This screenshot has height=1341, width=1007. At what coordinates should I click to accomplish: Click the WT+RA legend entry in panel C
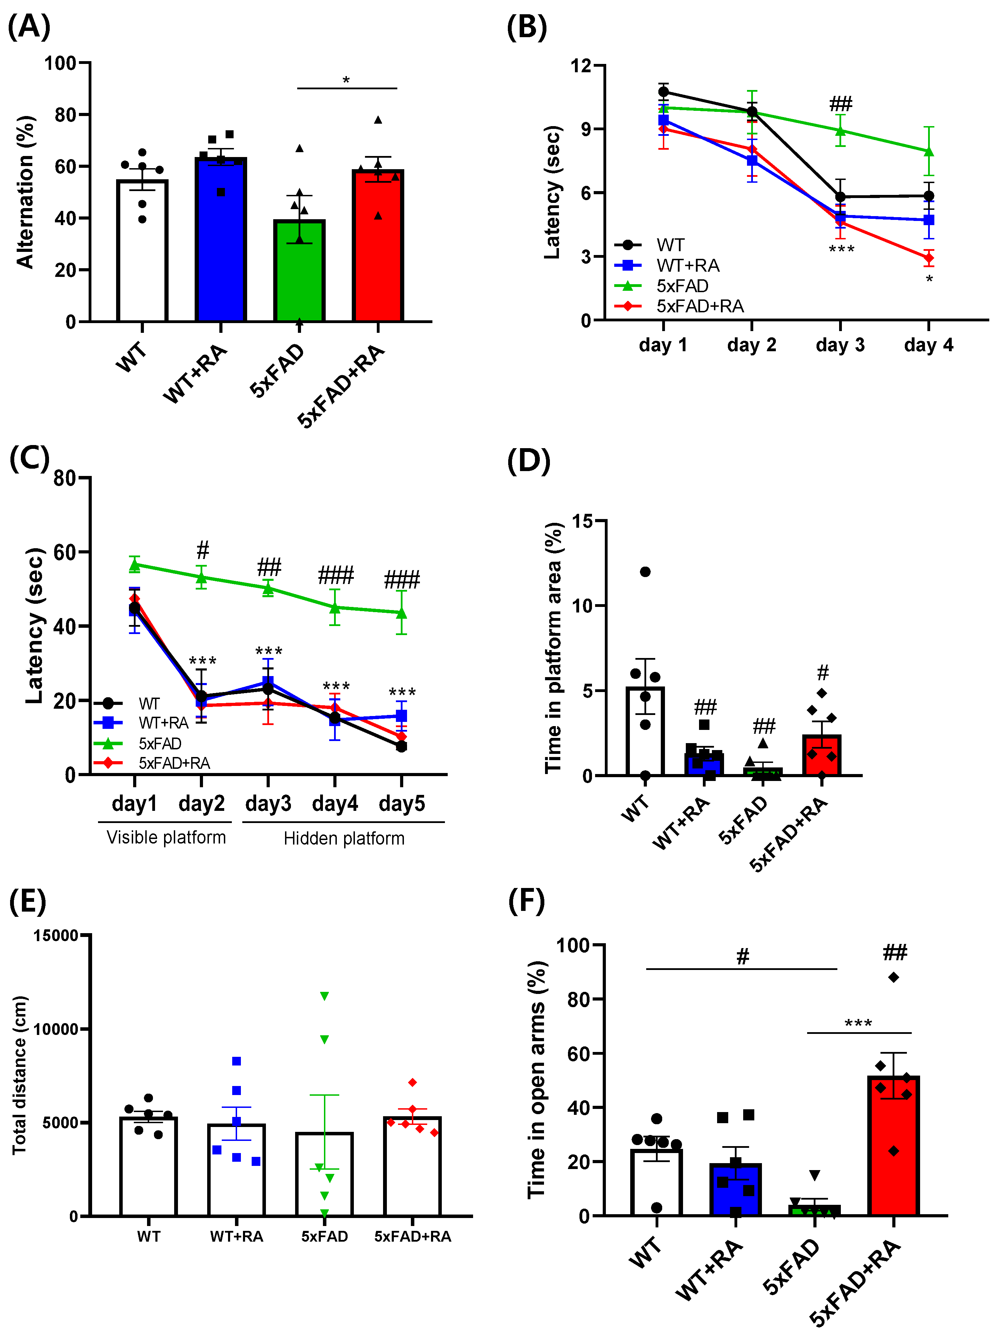[163, 723]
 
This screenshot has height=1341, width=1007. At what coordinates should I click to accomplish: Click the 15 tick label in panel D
[582, 521]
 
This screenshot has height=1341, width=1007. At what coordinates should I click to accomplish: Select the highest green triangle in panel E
[325, 996]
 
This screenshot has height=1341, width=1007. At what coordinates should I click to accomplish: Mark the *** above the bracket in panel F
[858, 1023]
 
